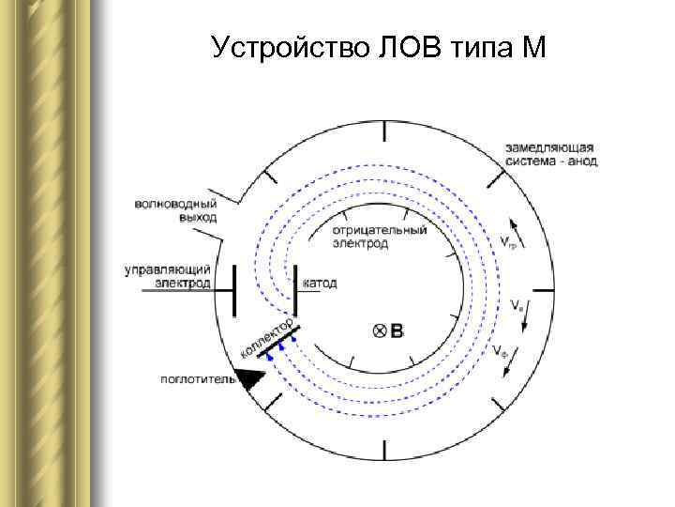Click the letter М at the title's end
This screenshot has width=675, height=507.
pyautogui.click(x=531, y=46)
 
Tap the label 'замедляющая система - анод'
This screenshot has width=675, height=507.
pyautogui.click(x=548, y=155)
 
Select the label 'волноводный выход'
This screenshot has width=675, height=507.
pyautogui.click(x=175, y=209)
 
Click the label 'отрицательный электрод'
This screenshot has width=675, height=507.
pyautogui.click(x=380, y=236)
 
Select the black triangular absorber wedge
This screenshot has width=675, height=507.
pyautogui.click(x=250, y=377)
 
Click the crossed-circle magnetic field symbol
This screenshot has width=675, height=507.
pyautogui.click(x=380, y=330)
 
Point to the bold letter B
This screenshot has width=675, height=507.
pyautogui.click(x=397, y=330)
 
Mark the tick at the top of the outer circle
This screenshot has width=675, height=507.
pyautogui.click(x=382, y=131)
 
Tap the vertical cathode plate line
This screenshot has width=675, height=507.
pyautogui.click(x=295, y=290)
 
